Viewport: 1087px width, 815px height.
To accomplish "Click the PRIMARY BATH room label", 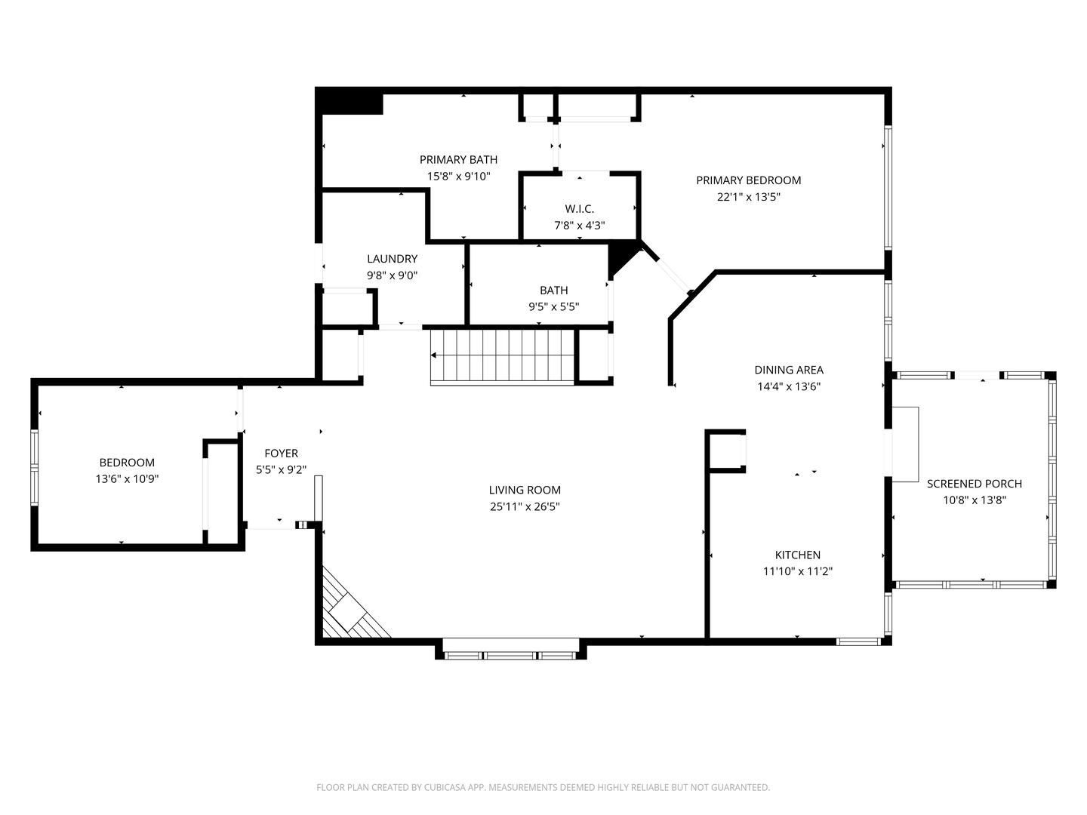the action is (x=458, y=160).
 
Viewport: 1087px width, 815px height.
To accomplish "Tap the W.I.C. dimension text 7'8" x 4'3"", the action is (x=579, y=226).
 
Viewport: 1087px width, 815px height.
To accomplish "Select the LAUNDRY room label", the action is (x=392, y=259).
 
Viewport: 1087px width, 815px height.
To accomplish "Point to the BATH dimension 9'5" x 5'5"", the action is (x=553, y=307).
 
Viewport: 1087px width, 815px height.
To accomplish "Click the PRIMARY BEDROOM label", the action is (x=748, y=180).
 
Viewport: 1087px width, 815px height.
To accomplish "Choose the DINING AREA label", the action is (x=788, y=370).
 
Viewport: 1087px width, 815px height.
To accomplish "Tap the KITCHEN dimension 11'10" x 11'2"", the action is (x=797, y=571).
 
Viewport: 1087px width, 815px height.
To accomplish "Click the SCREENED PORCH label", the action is (x=974, y=484).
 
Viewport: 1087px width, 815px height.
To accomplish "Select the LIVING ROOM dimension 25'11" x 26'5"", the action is (x=525, y=506).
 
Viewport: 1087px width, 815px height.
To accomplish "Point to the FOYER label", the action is (x=281, y=454).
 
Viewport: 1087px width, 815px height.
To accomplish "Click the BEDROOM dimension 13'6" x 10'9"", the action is (x=127, y=479).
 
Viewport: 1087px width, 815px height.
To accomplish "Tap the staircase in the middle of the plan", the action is (x=502, y=355).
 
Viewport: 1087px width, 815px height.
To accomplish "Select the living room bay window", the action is (x=510, y=650).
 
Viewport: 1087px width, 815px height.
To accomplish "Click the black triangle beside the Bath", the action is (x=621, y=257).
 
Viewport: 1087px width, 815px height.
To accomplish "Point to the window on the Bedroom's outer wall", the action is (x=34, y=467).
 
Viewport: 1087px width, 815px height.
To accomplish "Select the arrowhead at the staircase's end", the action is (x=433, y=355).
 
